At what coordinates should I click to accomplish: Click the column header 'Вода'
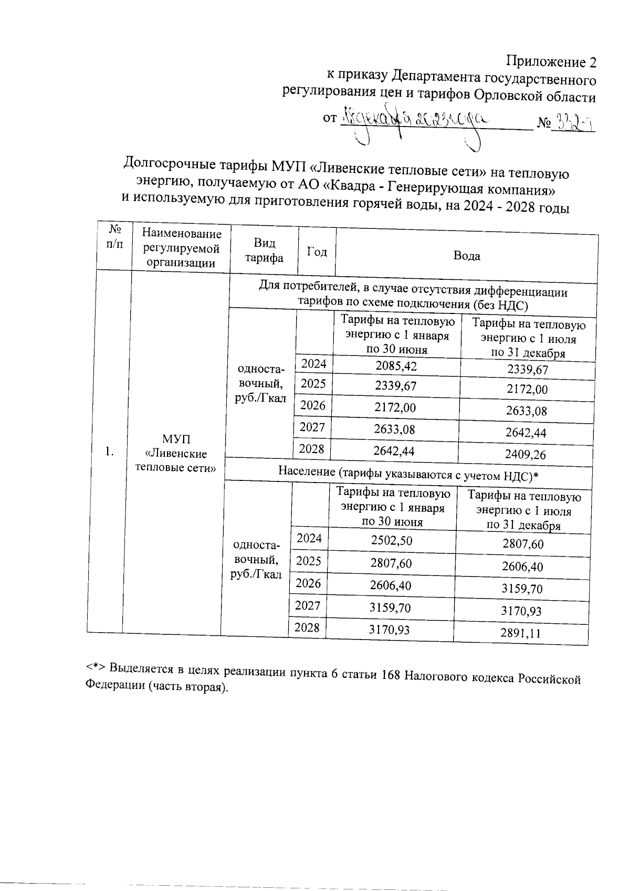466,256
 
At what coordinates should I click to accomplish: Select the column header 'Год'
317,252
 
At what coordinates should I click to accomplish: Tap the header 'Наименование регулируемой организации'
182,248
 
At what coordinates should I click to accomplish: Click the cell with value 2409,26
526,454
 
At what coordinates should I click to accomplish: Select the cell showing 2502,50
391,541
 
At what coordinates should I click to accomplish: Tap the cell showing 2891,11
521,634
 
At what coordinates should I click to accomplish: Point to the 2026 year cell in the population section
309,583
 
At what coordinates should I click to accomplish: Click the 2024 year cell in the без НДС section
313,364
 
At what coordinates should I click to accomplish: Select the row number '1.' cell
109,452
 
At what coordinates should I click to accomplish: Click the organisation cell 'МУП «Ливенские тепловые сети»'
176,453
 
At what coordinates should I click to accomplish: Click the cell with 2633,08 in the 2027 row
394,429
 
